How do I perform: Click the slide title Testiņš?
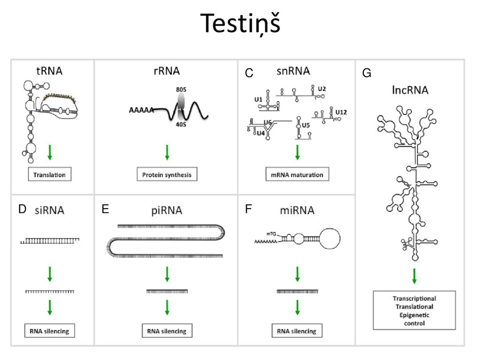coord(240,23)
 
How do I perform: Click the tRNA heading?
coord(49,71)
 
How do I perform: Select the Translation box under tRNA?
coord(50,174)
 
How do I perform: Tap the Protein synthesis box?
coord(167,174)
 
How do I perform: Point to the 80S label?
coord(181,90)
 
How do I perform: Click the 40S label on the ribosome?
coord(181,124)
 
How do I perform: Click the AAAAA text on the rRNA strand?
coord(141,110)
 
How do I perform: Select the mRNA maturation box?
coord(297,174)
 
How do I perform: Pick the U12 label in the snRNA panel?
coord(341,112)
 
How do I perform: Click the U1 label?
coord(258,99)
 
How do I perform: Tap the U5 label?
coord(306,125)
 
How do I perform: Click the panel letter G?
coord(367,73)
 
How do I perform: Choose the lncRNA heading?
coord(410,90)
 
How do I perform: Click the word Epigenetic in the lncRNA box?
coord(414,315)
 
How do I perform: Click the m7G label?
coord(271,234)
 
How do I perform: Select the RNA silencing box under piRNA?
coord(167,330)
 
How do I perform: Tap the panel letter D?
coord(22,209)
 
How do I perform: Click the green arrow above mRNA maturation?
coord(297,152)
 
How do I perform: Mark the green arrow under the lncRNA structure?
coord(414,276)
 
